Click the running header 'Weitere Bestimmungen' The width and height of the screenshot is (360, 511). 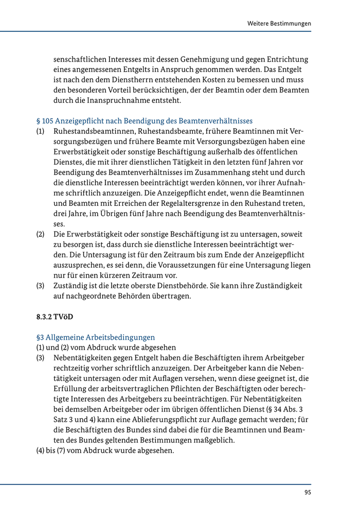pyautogui.click(x=279, y=24)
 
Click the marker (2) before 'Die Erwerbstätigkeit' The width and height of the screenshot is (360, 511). pyautogui.click(x=40, y=234)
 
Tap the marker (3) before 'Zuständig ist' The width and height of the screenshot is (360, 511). pyautogui.click(x=40, y=286)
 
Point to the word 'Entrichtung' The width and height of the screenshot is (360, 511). pyautogui.click(x=286, y=60)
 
